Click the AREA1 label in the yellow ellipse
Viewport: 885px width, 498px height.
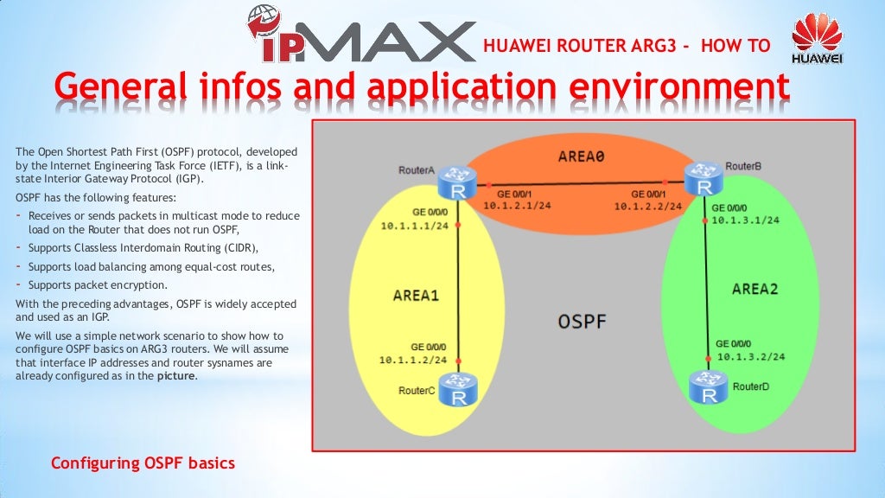pos(416,295)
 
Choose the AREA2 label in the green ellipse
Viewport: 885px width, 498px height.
pos(754,289)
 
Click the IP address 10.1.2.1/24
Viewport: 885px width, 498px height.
pos(517,206)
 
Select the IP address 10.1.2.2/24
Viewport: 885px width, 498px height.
pos(647,207)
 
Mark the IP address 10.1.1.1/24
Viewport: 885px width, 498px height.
pos(414,226)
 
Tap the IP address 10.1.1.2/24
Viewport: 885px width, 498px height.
pos(412,359)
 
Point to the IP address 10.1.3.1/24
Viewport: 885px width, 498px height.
pos(745,220)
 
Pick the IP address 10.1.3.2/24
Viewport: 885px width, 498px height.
pos(750,355)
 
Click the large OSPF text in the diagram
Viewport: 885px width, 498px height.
pos(581,322)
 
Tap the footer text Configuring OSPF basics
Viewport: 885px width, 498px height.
pos(143,463)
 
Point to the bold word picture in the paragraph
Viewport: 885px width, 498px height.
pos(176,376)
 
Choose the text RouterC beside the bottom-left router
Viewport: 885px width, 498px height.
pos(417,391)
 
